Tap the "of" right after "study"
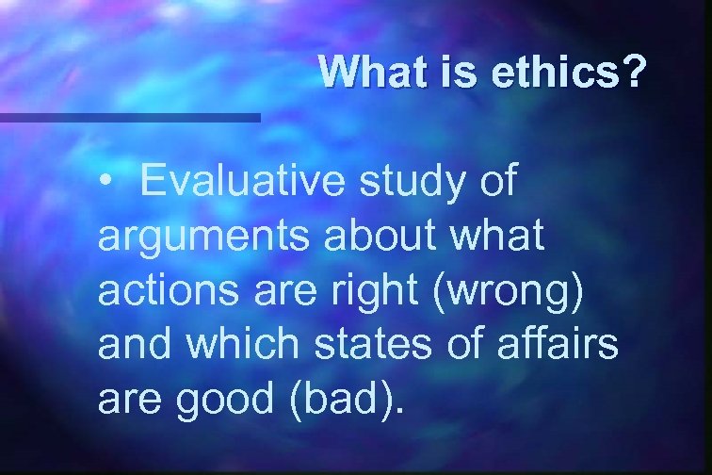tap(496, 182)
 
